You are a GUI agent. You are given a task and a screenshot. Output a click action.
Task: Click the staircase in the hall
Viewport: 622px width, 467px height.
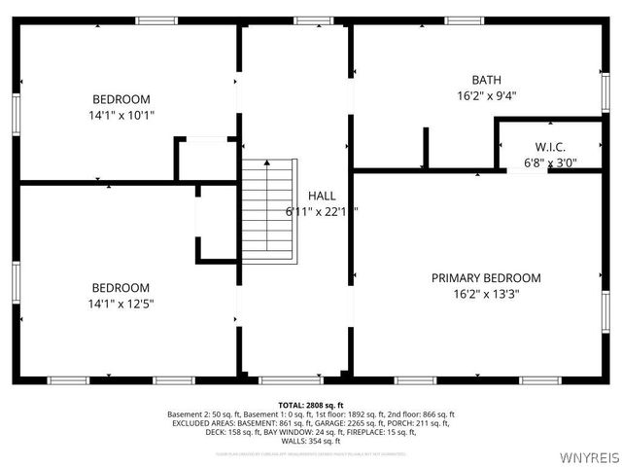(x=267, y=209)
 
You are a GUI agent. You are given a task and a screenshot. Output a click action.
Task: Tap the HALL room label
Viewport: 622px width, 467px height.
(x=322, y=195)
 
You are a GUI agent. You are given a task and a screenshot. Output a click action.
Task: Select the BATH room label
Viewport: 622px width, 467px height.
(x=487, y=80)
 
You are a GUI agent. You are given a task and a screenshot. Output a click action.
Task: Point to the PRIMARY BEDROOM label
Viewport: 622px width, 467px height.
(x=486, y=278)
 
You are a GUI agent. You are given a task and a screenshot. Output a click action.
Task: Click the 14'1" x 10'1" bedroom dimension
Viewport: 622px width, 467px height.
(x=121, y=115)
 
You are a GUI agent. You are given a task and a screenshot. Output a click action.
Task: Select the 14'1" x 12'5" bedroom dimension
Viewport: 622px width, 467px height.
(x=121, y=304)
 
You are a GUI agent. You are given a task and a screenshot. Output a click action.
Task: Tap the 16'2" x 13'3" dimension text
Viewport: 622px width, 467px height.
(x=486, y=294)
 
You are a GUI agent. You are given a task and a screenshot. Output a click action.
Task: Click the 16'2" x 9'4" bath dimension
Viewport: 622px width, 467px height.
(x=487, y=95)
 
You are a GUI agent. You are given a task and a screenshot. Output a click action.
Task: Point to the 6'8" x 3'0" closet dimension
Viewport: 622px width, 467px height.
(x=549, y=162)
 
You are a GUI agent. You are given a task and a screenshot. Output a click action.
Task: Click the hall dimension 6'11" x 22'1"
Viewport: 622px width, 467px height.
(x=322, y=211)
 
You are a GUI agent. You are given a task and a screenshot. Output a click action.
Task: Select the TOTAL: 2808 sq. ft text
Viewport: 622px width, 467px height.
(x=311, y=404)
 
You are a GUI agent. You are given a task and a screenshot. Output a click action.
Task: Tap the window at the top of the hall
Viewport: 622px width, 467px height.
(x=307, y=20)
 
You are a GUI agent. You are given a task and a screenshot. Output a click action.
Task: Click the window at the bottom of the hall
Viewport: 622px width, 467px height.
(x=284, y=379)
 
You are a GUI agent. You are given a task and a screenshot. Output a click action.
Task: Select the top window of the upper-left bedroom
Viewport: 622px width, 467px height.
(x=155, y=20)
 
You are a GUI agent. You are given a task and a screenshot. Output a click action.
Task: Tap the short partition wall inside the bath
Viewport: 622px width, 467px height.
(x=425, y=148)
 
